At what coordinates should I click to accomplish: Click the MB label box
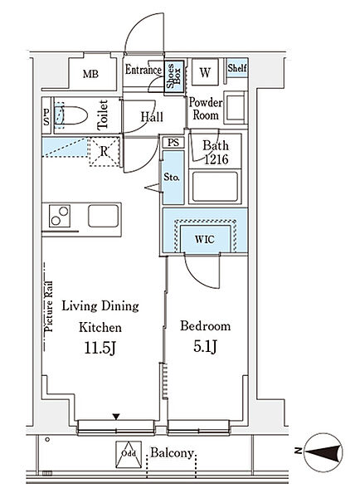90,75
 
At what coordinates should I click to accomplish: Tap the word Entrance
144,71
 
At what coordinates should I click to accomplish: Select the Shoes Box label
174,76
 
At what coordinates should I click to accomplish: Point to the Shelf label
236,69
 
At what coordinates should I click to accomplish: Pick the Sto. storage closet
172,178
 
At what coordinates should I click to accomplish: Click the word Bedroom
204,326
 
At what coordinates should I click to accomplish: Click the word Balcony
172,454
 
